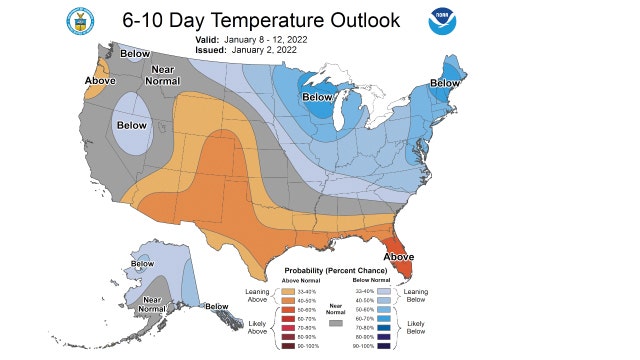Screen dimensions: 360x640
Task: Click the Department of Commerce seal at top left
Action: click(x=79, y=19)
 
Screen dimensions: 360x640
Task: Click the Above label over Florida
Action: click(x=399, y=257)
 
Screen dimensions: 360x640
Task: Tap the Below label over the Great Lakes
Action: click(x=317, y=97)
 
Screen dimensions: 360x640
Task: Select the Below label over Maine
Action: click(x=445, y=83)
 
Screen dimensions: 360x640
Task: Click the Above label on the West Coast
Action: click(x=100, y=80)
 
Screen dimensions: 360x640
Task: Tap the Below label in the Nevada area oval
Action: click(x=131, y=125)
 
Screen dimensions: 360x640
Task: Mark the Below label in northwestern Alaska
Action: click(x=143, y=264)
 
